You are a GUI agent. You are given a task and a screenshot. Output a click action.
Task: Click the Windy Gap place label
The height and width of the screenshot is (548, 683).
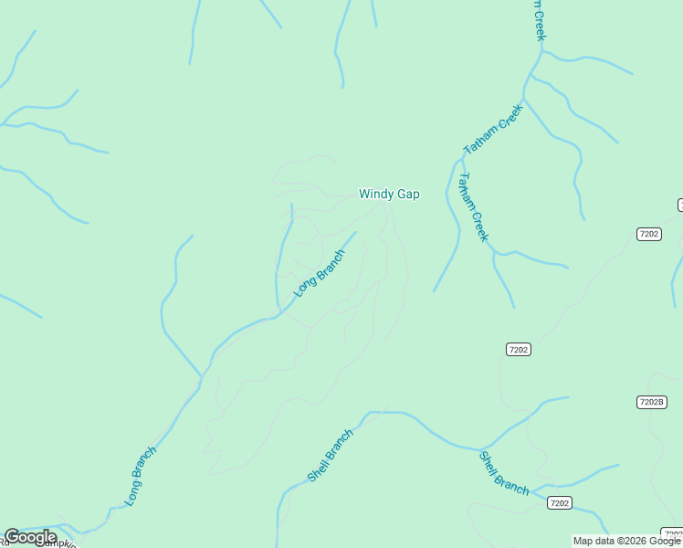(389, 194)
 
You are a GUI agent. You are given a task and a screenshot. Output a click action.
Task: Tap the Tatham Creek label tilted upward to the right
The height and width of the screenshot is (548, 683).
(492, 129)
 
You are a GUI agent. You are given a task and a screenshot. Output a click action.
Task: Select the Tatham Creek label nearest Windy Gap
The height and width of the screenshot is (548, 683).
(474, 207)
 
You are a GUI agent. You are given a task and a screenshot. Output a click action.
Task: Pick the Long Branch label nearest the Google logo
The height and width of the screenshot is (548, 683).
(141, 476)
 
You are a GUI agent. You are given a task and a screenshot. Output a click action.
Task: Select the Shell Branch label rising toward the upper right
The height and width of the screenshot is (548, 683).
(330, 456)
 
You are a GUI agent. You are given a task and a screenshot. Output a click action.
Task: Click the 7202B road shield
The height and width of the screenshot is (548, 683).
(651, 402)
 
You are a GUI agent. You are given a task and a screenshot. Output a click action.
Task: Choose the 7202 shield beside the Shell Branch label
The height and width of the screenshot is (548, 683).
(560, 503)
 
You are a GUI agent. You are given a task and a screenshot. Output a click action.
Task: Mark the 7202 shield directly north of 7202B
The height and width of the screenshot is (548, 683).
(648, 235)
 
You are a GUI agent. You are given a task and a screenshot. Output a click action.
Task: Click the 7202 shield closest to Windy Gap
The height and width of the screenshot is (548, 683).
(518, 349)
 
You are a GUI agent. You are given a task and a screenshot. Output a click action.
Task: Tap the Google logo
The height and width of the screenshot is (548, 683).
(30, 537)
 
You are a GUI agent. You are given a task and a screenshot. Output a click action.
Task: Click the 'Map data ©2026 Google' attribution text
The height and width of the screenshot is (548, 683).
(626, 541)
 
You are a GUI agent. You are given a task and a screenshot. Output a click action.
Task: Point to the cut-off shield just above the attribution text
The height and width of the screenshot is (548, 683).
(673, 533)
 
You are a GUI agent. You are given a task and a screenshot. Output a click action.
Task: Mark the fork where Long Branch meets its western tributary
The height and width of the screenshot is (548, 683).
(202, 376)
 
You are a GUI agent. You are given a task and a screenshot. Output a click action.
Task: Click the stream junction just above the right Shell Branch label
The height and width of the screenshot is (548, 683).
(480, 449)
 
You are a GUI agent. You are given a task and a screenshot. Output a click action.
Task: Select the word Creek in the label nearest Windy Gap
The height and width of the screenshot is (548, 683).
(480, 226)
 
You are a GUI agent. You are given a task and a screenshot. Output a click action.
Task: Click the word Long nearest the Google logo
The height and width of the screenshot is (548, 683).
(131, 494)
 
